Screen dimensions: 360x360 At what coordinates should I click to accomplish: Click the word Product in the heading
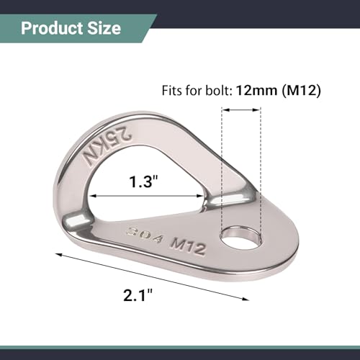tap(52, 29)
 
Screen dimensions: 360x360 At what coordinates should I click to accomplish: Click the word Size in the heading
tap(104, 28)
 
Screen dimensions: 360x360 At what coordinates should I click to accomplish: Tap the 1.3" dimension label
tap(144, 181)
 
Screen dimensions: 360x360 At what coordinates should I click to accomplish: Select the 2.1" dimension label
tap(138, 294)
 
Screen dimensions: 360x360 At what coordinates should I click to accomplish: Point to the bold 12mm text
tap(256, 91)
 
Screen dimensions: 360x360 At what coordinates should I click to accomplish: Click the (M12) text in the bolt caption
tap(302, 91)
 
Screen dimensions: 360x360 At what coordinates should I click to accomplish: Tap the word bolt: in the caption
tap(219, 91)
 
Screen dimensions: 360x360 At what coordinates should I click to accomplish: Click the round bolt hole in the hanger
tap(240, 239)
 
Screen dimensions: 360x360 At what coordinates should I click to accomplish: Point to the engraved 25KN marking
tap(107, 145)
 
